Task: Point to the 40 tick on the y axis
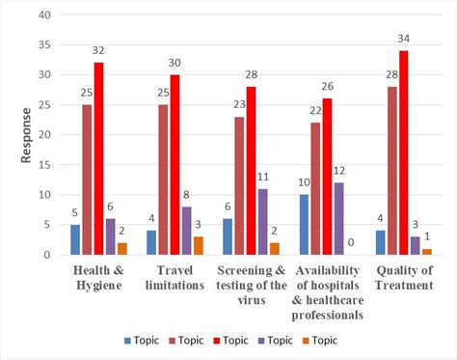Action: coord(45,15)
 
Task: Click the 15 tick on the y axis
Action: coord(45,165)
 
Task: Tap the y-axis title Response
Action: coord(26,135)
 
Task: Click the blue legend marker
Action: coord(127,341)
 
